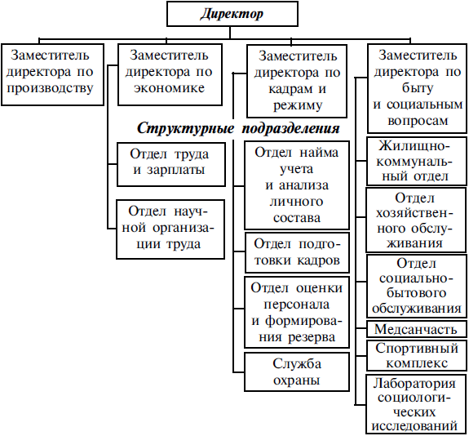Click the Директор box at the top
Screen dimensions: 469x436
point(232,14)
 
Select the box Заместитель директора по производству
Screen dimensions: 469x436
point(53,74)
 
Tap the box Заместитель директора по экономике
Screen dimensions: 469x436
point(170,74)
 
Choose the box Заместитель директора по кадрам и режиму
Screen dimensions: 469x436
point(297,81)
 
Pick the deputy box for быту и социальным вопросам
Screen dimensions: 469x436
point(417,88)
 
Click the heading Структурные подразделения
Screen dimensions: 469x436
point(238,128)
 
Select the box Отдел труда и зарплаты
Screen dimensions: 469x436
point(170,164)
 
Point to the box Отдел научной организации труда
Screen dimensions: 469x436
point(170,229)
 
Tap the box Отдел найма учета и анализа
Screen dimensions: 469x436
point(297,185)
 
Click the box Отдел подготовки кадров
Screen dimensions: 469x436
point(297,252)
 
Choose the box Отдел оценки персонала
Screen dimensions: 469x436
point(297,312)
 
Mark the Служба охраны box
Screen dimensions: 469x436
point(297,372)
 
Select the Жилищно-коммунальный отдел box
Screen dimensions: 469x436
point(416,161)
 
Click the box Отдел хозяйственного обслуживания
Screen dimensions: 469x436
point(416,220)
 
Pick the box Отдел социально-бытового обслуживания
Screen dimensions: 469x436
point(416,287)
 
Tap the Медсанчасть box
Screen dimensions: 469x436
point(416,329)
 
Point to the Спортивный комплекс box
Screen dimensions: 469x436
point(416,355)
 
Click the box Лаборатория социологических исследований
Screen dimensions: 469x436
point(416,404)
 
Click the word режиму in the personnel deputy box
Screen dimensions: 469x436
point(298,105)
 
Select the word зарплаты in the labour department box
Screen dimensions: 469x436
point(176,170)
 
